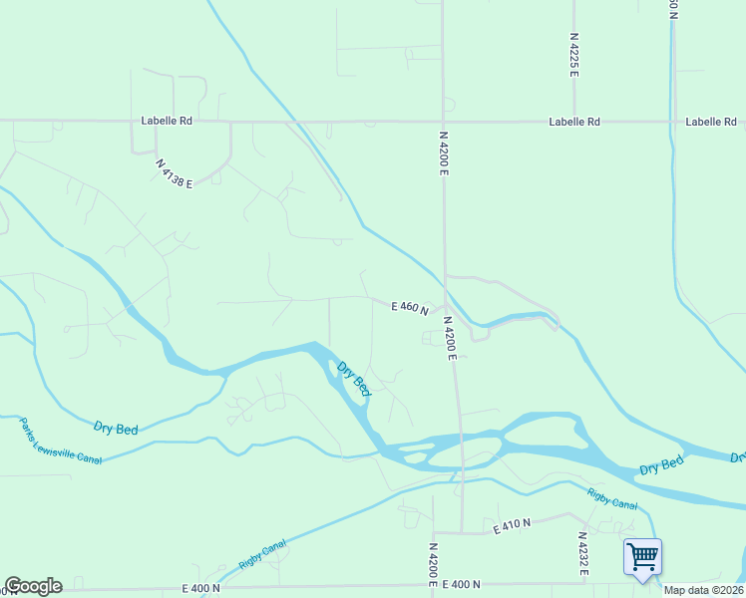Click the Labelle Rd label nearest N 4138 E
click(167, 121)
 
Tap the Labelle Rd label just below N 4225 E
click(574, 122)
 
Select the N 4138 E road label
click(174, 171)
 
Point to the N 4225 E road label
click(574, 55)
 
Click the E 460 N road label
click(409, 309)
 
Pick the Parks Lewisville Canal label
click(61, 442)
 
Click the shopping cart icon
click(642, 555)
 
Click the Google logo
click(33, 586)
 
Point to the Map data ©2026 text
click(703, 590)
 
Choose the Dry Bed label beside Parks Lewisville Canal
click(116, 428)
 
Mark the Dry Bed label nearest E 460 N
click(354, 380)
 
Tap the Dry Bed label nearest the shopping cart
click(661, 465)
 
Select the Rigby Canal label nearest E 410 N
click(611, 498)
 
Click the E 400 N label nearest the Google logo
click(200, 589)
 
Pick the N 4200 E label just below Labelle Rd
click(443, 152)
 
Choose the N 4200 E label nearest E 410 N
click(433, 563)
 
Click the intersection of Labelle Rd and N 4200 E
click(443, 121)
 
